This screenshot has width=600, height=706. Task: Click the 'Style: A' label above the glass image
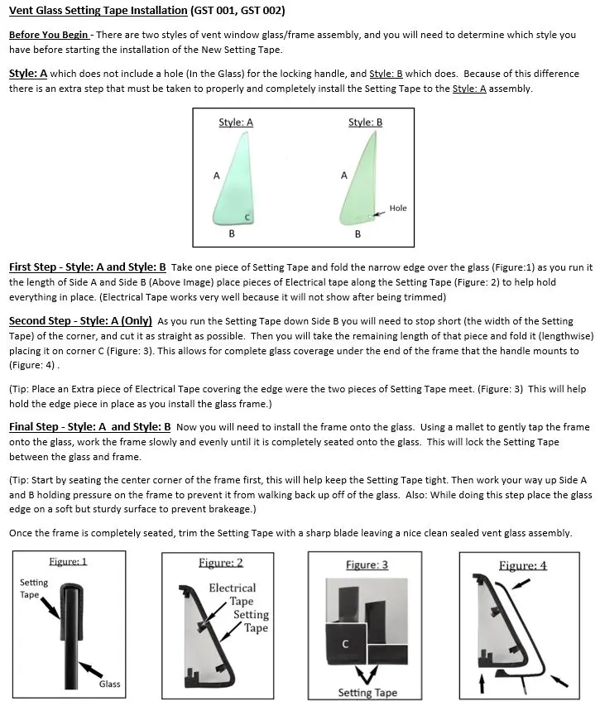(235, 122)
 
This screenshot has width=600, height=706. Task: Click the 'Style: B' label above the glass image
(365, 122)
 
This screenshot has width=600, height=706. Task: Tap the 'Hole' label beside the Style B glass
(398, 208)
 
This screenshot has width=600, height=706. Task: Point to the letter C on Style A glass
(247, 217)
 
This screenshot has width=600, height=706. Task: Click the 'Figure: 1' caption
(68, 561)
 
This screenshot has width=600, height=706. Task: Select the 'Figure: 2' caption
(221, 563)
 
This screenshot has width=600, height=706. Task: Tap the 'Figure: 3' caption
(367, 564)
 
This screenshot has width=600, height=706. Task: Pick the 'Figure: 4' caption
(522, 565)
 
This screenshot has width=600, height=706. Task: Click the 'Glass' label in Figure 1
(110, 684)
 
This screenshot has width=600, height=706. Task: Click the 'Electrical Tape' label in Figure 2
(232, 594)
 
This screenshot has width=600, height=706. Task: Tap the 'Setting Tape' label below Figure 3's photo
(367, 693)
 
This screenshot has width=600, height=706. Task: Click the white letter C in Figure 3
(345, 644)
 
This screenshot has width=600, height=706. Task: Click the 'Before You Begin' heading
(49, 36)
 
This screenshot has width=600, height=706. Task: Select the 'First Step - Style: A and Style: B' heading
(88, 267)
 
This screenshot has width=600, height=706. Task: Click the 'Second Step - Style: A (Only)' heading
(80, 320)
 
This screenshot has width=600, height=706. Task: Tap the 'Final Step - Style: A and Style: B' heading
(89, 427)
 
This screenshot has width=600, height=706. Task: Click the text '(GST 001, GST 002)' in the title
(238, 11)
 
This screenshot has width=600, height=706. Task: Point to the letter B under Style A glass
(232, 234)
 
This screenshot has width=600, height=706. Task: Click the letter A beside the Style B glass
(344, 175)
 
